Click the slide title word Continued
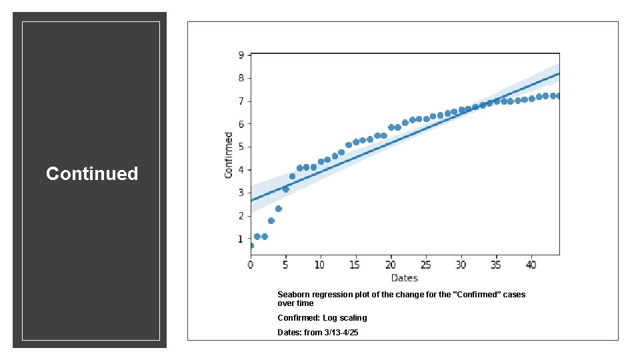pyautogui.click(x=92, y=174)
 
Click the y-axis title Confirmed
pyautogui.click(x=229, y=155)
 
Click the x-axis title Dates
pyautogui.click(x=404, y=277)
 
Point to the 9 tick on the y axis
pyautogui.click(x=241, y=55)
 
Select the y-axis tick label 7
pyautogui.click(x=241, y=101)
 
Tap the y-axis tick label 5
pyautogui.click(x=241, y=147)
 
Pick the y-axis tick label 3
pyautogui.click(x=241, y=193)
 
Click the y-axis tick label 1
pyautogui.click(x=241, y=239)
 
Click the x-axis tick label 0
pyautogui.click(x=251, y=265)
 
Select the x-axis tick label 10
pyautogui.click(x=321, y=265)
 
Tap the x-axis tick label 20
pyautogui.click(x=391, y=265)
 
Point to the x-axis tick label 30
pyautogui.click(x=461, y=265)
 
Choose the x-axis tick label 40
pyautogui.click(x=531, y=265)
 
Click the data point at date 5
pyautogui.click(x=285, y=189)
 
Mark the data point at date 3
pyautogui.click(x=271, y=221)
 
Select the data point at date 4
pyautogui.click(x=279, y=209)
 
